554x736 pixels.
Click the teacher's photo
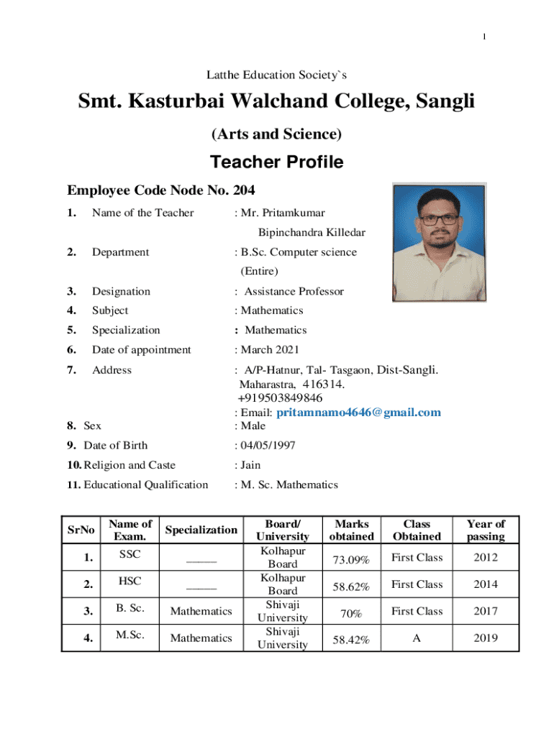[x=439, y=242]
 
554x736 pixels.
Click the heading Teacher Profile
[x=276, y=162]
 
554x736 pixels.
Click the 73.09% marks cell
[x=350, y=558]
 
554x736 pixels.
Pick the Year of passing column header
[x=486, y=530]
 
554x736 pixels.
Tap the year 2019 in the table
[x=486, y=638]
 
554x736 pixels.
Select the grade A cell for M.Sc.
[x=417, y=638]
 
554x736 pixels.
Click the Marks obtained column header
[x=350, y=530]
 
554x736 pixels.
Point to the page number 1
[x=485, y=37]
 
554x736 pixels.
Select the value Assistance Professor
[x=294, y=291]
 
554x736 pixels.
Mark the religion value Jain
[x=250, y=465]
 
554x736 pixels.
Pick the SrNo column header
[x=81, y=530]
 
